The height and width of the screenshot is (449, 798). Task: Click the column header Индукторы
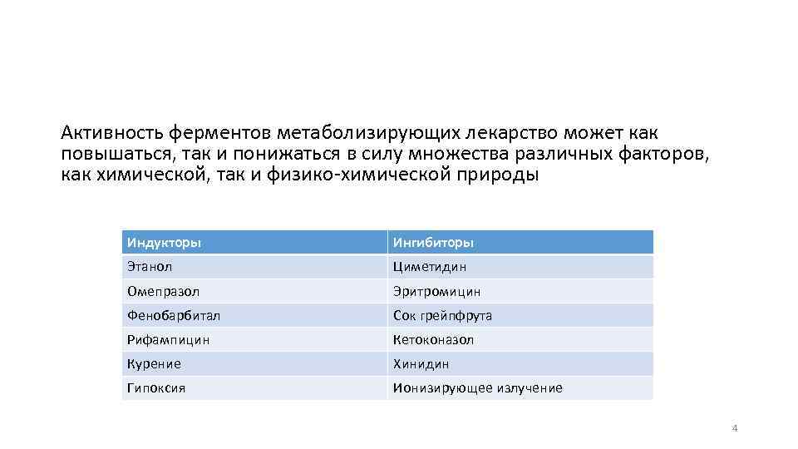(x=164, y=243)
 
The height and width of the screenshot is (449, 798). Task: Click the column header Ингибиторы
(x=433, y=243)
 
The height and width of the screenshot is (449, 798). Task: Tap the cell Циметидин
(x=430, y=267)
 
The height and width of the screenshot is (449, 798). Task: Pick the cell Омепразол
(x=163, y=292)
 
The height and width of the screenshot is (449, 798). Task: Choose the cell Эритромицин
(x=436, y=292)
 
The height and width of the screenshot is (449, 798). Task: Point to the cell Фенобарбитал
(x=173, y=316)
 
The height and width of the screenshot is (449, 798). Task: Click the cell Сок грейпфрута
(x=442, y=316)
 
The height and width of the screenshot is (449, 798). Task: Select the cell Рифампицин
(x=168, y=340)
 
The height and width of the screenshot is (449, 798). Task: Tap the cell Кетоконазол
(x=433, y=340)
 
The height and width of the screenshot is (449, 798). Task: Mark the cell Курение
(x=154, y=364)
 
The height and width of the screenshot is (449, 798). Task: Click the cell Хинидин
(x=421, y=364)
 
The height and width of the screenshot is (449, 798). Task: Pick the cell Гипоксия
(x=156, y=388)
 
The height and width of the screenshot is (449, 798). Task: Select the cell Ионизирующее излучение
(x=477, y=388)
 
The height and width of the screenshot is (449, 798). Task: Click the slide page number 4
(x=734, y=428)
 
